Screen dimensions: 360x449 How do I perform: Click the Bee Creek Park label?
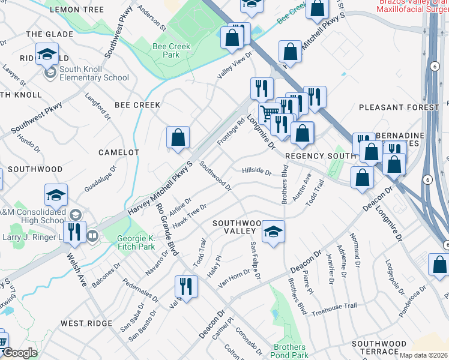tap(171, 50)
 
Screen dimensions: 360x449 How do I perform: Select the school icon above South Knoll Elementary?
tap(47, 55)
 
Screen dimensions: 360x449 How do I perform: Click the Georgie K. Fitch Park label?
tap(136, 242)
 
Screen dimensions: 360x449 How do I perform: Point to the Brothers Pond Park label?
tap(290, 351)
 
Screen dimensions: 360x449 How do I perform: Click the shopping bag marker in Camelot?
tap(178, 138)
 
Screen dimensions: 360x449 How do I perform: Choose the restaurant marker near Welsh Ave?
tap(74, 232)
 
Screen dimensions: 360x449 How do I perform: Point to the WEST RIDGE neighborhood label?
tap(86, 323)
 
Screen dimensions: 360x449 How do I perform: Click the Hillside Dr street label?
tap(256, 170)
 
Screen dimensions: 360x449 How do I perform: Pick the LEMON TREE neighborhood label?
tap(77, 10)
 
